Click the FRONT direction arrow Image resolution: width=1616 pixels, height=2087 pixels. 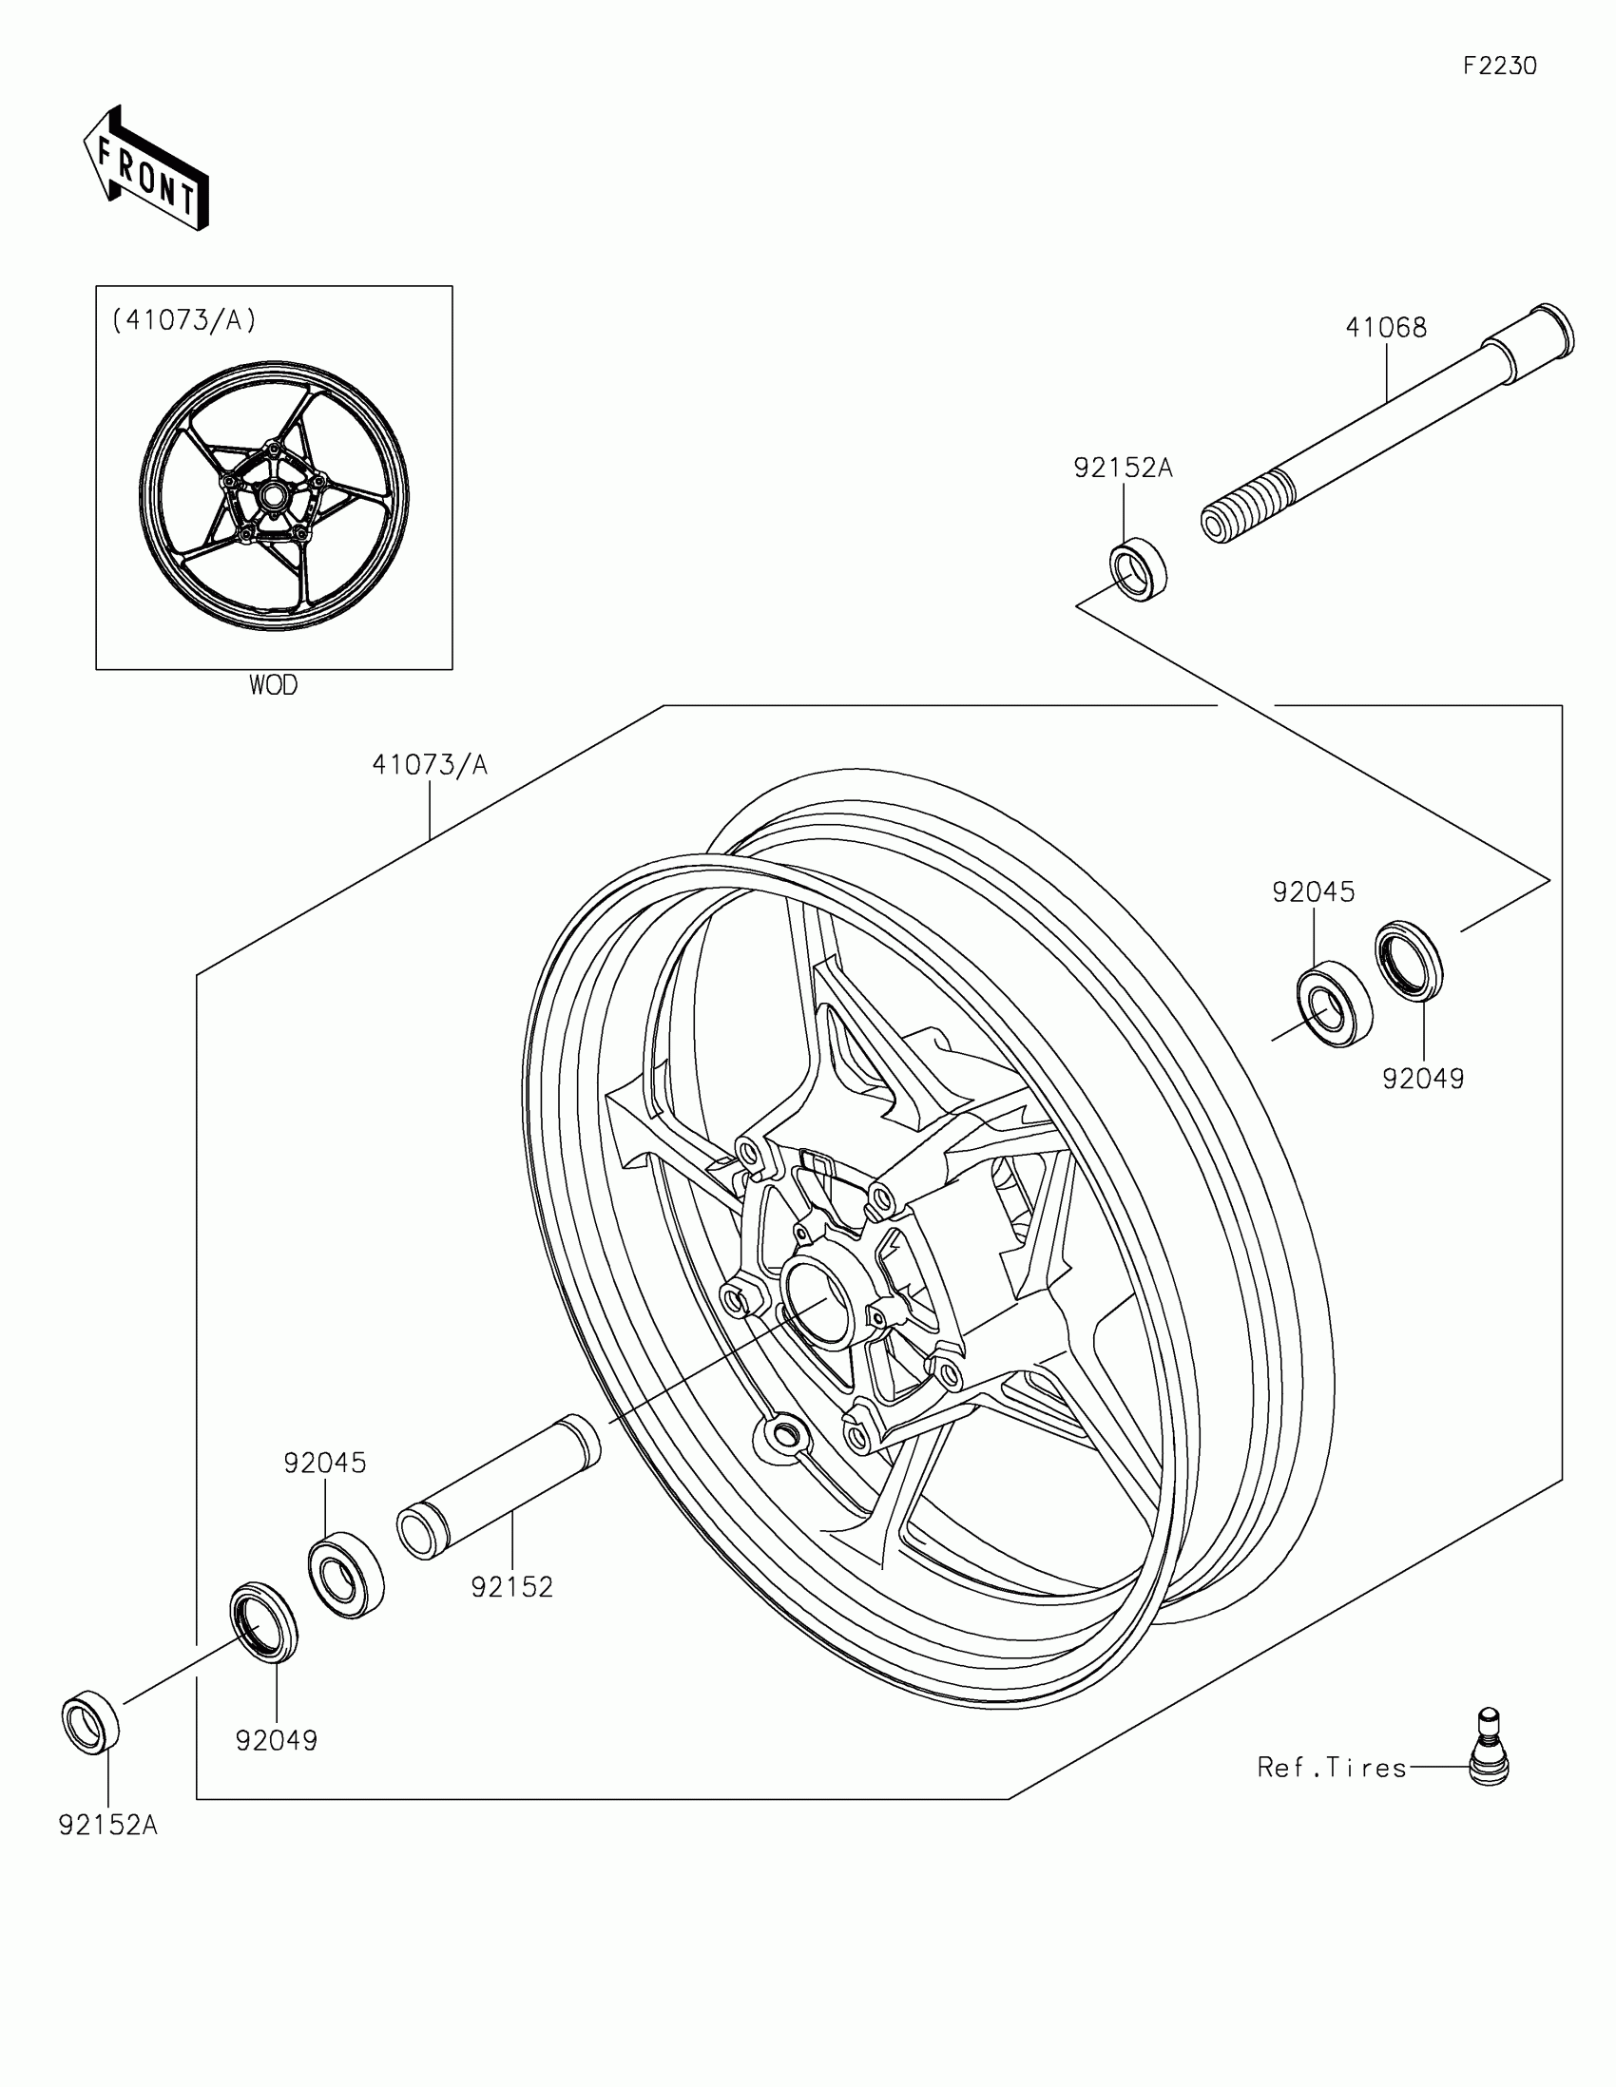pyautogui.click(x=145, y=170)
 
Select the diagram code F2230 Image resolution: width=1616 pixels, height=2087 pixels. pyautogui.click(x=1500, y=66)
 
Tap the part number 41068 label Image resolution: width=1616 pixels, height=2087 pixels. pyautogui.click(x=1386, y=328)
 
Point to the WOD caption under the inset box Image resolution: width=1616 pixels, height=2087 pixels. pyautogui.click(x=274, y=685)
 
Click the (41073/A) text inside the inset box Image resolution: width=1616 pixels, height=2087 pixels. pyautogui.click(x=183, y=321)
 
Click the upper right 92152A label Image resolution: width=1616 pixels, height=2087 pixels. pyautogui.click(x=1122, y=469)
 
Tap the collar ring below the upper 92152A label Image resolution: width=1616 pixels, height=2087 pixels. pyautogui.click(x=1139, y=569)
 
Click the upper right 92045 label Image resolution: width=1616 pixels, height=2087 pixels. pyautogui.click(x=1313, y=891)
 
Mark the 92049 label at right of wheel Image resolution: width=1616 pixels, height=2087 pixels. pyautogui.click(x=1423, y=1079)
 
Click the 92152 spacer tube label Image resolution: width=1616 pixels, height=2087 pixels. pyautogui.click(x=512, y=1587)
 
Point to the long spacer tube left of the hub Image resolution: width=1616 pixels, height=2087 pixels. pyautogui.click(x=499, y=1502)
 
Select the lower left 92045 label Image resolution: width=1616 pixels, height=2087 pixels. pyautogui.click(x=325, y=1463)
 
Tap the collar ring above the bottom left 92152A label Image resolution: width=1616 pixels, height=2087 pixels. pyautogui.click(x=91, y=1722)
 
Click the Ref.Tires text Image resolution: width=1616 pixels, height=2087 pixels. pyautogui.click(x=1332, y=1768)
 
